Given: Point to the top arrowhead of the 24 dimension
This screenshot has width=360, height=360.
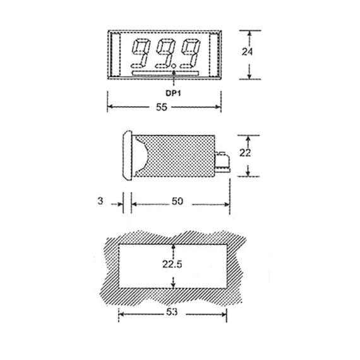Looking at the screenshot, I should pyautogui.click(x=249, y=32).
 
